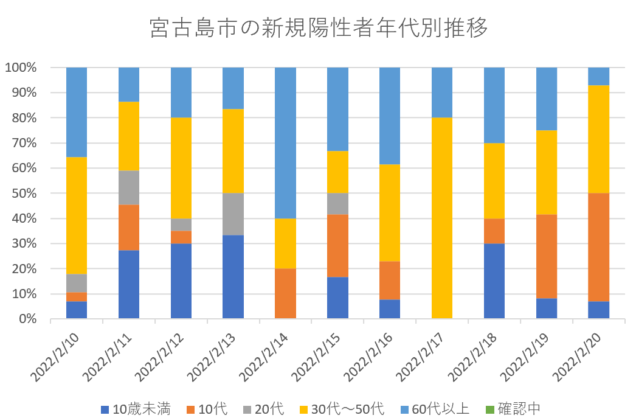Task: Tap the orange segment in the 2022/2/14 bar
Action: pyautogui.click(x=286, y=293)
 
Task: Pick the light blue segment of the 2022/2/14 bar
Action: pyautogui.click(x=286, y=143)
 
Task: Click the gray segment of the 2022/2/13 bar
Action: pyautogui.click(x=233, y=214)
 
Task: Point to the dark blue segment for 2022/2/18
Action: pyautogui.click(x=494, y=280)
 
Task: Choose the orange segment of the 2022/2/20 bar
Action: pyautogui.click(x=598, y=247)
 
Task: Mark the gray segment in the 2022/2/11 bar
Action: pyautogui.click(x=129, y=187)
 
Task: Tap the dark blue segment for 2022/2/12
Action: pyautogui.click(x=181, y=280)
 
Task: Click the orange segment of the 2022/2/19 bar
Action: pyautogui.click(x=546, y=256)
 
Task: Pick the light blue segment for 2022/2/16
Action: pyautogui.click(x=390, y=116)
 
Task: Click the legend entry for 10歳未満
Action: pyautogui.click(x=135, y=408)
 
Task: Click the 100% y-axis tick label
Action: pyautogui.click(x=21, y=68)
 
